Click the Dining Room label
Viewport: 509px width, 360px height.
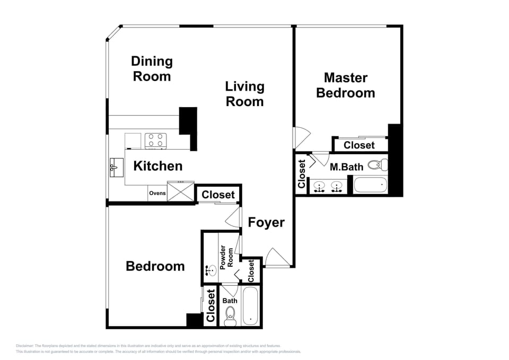[152, 69]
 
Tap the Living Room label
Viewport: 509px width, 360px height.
[244, 94]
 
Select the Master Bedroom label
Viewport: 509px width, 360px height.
[345, 85]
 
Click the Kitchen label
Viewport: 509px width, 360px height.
[157, 166]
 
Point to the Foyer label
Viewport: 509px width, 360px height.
[266, 223]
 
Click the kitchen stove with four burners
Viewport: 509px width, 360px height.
[156, 140]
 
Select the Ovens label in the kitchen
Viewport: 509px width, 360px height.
[157, 193]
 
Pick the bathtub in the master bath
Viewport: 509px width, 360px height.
[371, 185]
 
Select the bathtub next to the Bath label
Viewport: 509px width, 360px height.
[250, 306]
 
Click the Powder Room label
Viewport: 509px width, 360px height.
[226, 257]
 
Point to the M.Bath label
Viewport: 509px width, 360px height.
[347, 167]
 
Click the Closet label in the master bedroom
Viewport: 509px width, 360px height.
[359, 145]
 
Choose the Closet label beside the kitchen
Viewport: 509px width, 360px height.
[218, 195]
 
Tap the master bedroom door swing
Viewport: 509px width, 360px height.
[300, 137]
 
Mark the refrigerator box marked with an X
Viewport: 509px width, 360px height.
[181, 190]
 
